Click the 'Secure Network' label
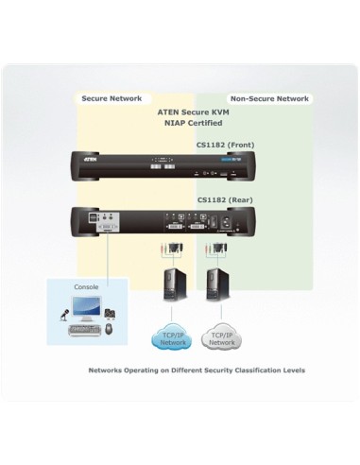[112, 98]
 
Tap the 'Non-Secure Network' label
[268, 98]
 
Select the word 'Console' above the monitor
[86, 285]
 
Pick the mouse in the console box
[109, 330]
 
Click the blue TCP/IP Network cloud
[166, 338]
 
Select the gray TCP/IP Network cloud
[221, 338]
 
